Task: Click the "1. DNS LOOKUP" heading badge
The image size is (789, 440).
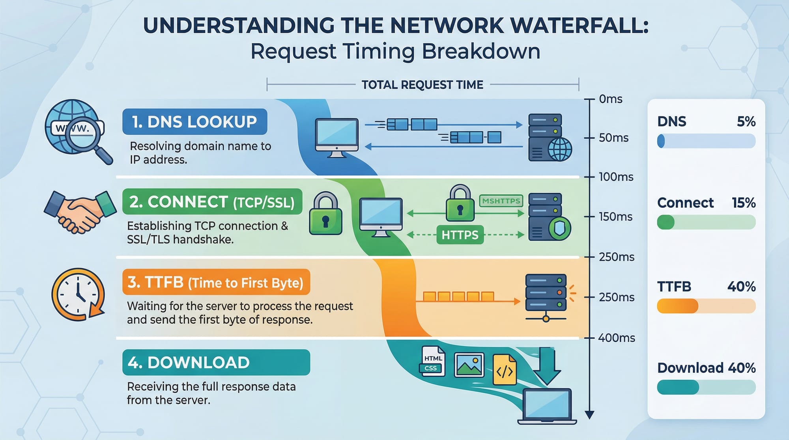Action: pyautogui.click(x=194, y=122)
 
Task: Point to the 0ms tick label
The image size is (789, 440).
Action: pyautogui.click(x=610, y=99)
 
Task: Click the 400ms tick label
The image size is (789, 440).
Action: pyautogui.click(x=616, y=338)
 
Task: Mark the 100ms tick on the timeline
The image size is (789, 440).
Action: pyautogui.click(x=589, y=177)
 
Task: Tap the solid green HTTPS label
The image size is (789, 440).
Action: pyautogui.click(x=460, y=235)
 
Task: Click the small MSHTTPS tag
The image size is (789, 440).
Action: pyautogui.click(x=501, y=201)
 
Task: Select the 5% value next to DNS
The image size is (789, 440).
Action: pyautogui.click(x=746, y=121)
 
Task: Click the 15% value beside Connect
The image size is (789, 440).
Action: pyautogui.click(x=744, y=203)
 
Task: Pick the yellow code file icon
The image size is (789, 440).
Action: pyautogui.click(x=505, y=369)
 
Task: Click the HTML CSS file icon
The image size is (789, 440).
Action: pyautogui.click(x=432, y=362)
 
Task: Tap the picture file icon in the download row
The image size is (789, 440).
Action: pyautogui.click(x=469, y=365)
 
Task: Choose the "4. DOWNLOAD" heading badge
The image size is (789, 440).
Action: pyautogui.click(x=216, y=362)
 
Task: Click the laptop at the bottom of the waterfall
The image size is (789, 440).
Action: pyautogui.click(x=547, y=406)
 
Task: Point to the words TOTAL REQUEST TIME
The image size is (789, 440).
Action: pyautogui.click(x=422, y=85)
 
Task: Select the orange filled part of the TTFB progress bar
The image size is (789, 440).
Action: pyautogui.click(x=677, y=306)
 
